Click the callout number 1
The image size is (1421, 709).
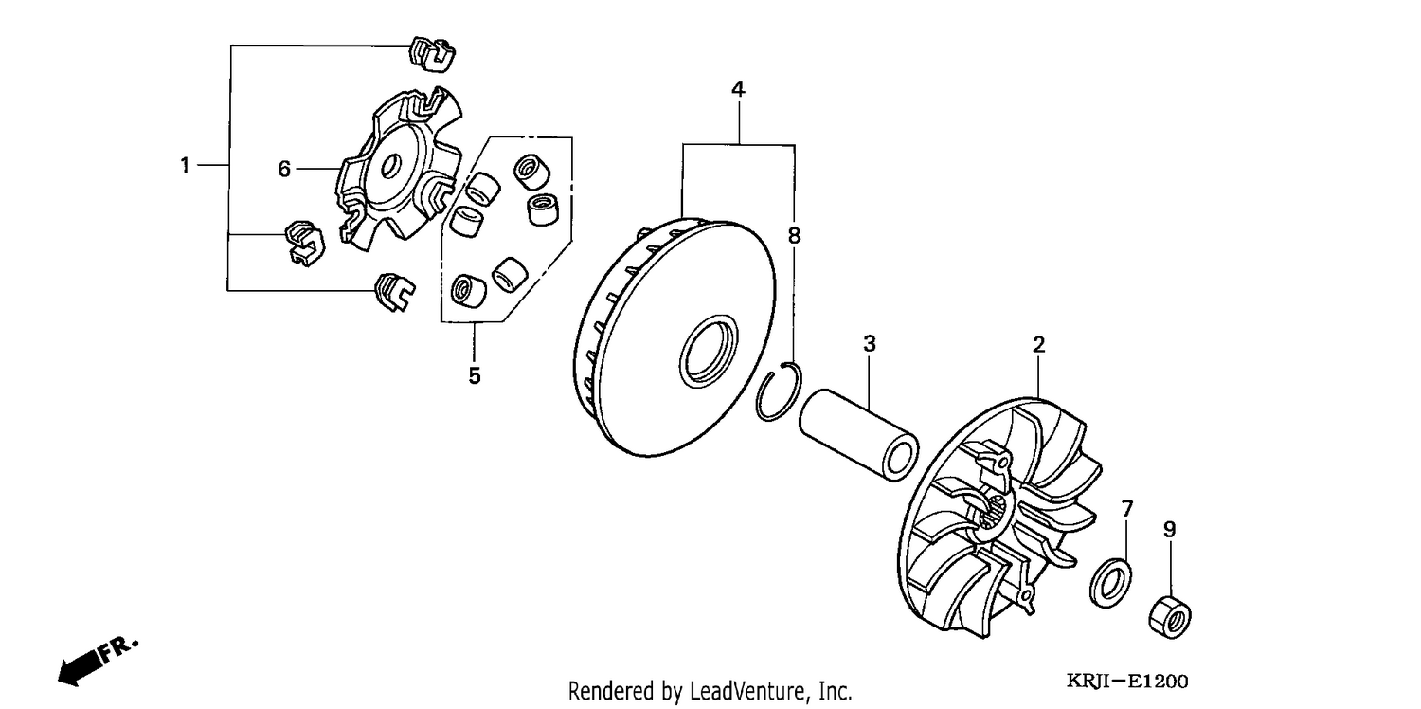[x=185, y=166]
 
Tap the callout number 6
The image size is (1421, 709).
[x=284, y=169]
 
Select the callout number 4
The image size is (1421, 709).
[x=738, y=89]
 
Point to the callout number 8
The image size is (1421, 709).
[x=794, y=235]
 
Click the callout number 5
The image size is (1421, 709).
[x=475, y=375]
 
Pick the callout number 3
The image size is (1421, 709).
[x=869, y=343]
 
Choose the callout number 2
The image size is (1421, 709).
[x=1038, y=345]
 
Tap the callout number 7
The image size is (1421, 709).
[x=1126, y=508]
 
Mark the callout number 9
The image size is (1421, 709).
[x=1169, y=529]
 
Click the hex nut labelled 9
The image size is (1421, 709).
[x=1170, y=617]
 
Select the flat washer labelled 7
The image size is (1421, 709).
[x=1110, y=582]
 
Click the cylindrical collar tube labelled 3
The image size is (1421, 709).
[x=858, y=435]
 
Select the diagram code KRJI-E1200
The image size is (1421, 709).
[x=1126, y=682]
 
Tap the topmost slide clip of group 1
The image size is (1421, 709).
[x=431, y=53]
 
